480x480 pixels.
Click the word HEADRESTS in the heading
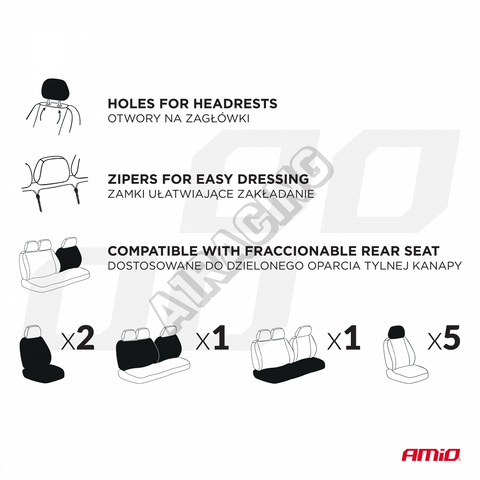pos(235,104)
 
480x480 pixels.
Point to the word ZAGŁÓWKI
pos(217,119)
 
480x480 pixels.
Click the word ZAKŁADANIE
pos(275,194)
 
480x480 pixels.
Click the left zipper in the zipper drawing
pos(39,201)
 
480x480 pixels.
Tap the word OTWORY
pos(134,119)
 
